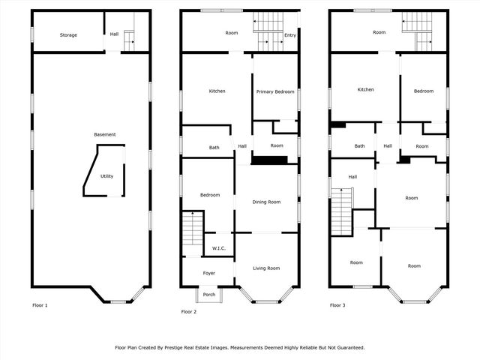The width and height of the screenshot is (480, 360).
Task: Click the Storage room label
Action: pyautogui.click(x=68, y=35)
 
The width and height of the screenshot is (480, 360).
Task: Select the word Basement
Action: pyautogui.click(x=105, y=134)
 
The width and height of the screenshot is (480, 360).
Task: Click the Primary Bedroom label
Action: pyautogui.click(x=275, y=91)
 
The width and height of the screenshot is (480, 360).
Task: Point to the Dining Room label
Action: pyautogui.click(x=266, y=202)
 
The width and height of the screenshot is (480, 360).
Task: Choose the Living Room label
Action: pyautogui.click(x=266, y=268)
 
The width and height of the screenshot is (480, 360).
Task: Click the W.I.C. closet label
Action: pyautogui.click(x=219, y=248)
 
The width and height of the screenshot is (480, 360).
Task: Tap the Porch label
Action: pyautogui.click(x=208, y=295)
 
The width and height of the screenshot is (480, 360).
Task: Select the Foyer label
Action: pyautogui.click(x=208, y=273)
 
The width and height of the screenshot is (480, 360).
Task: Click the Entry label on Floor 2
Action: pyautogui.click(x=290, y=34)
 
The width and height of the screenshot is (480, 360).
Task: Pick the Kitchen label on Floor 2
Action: pyautogui.click(x=217, y=91)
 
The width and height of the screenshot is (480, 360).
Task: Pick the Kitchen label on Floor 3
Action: pyautogui.click(x=365, y=90)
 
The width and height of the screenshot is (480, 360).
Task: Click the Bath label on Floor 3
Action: pyautogui.click(x=360, y=146)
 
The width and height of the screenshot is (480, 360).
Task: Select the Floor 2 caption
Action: pyautogui.click(x=189, y=311)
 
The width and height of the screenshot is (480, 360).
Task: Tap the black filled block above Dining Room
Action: pyautogui.click(x=269, y=160)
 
